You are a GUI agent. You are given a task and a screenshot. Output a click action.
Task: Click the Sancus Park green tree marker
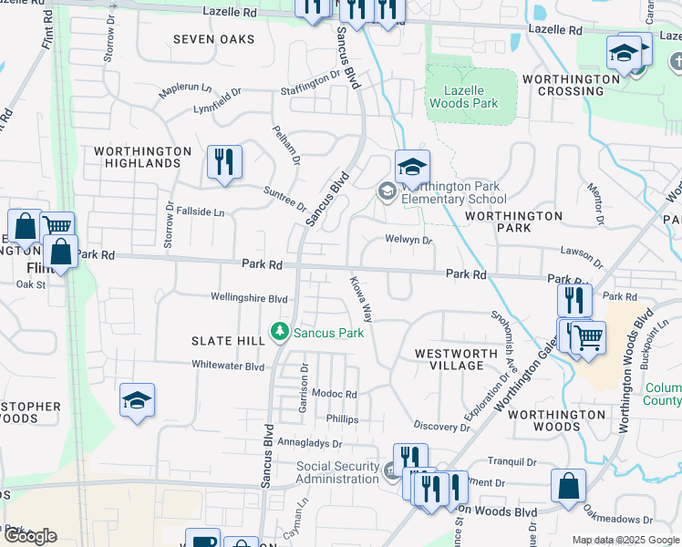tap(280, 333)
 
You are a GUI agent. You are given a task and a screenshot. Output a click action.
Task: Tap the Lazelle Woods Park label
tap(471, 97)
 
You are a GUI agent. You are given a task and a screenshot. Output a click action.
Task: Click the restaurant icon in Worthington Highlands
tap(224, 162)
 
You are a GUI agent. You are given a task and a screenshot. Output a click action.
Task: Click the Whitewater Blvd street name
tap(227, 366)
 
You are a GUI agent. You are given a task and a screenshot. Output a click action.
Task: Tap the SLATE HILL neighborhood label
tap(227, 340)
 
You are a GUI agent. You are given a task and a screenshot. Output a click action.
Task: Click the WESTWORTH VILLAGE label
tap(449, 358)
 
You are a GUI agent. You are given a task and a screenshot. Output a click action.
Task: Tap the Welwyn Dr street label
tap(408, 241)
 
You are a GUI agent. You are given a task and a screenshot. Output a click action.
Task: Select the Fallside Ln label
tap(200, 212)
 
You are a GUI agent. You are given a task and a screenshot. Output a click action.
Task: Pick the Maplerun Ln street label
tap(185, 91)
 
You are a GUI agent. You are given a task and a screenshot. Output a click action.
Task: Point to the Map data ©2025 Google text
tap(625, 540)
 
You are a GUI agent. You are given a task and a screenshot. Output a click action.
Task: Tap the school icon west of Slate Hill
tap(137, 400)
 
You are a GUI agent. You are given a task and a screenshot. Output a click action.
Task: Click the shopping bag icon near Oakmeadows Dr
tap(568, 487)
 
